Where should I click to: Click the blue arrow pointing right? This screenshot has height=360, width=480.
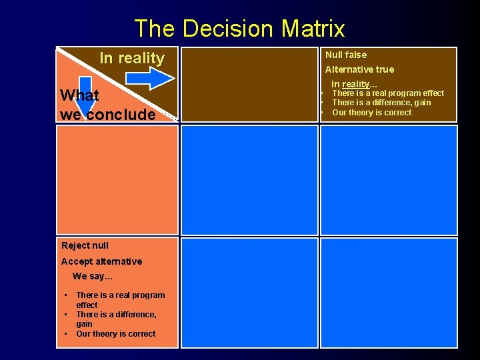tap(150, 78)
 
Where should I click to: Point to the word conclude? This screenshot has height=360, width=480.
tap(121, 114)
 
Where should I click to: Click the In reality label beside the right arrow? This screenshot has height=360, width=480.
tap(131, 58)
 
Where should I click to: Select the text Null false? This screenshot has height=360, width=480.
tap(345, 55)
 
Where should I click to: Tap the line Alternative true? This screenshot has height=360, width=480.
tap(359, 69)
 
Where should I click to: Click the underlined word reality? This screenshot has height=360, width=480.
tap(355, 84)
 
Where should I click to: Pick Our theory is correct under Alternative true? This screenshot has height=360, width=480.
tap(371, 113)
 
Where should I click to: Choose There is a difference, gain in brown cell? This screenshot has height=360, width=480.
tap(381, 103)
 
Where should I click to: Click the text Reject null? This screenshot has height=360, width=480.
tap(85, 245)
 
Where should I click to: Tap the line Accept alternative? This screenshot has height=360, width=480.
tap(101, 261)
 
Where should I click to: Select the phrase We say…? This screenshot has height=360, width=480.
tap(93, 276)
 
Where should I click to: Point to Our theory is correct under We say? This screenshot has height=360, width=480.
tap(115, 334)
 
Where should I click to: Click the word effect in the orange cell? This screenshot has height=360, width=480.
tap(87, 305)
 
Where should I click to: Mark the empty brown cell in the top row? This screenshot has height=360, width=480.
tap(249, 84)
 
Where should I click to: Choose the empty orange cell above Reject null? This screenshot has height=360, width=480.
tap(117, 180)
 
